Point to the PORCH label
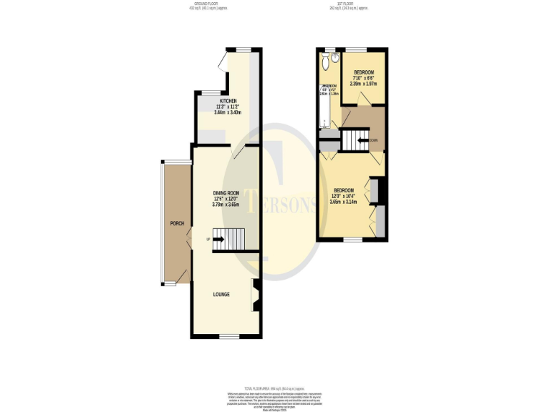pyautogui.click(x=176, y=224)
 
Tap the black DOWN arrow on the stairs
pyautogui.click(x=362, y=140)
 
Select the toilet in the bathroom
pyautogui.click(x=327, y=63)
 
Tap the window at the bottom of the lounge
pyautogui.click(x=228, y=336)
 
